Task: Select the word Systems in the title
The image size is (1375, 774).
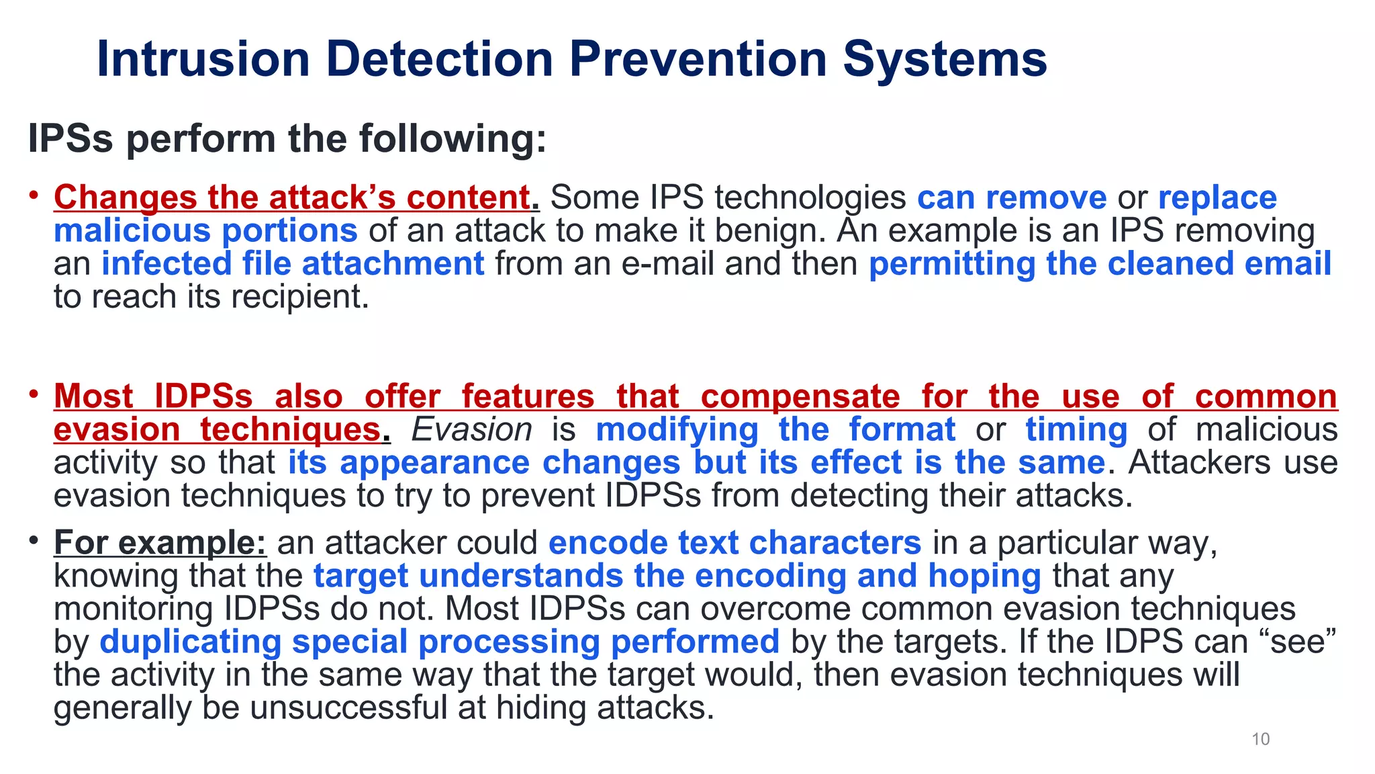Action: click(x=945, y=59)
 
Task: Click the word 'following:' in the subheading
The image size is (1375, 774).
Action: click(x=453, y=138)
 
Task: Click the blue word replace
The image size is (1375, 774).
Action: click(x=1217, y=198)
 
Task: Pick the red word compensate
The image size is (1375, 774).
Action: click(x=800, y=396)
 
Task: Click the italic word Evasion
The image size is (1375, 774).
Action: click(x=471, y=429)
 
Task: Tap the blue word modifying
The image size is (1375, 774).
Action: click(x=677, y=429)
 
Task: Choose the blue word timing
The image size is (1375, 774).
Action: click(x=1076, y=429)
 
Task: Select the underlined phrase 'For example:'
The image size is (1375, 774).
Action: click(x=160, y=542)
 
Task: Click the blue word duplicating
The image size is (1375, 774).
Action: click(x=191, y=642)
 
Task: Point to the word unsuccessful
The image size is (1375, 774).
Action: click(x=348, y=707)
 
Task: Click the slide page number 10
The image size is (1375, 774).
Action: click(x=1260, y=739)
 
